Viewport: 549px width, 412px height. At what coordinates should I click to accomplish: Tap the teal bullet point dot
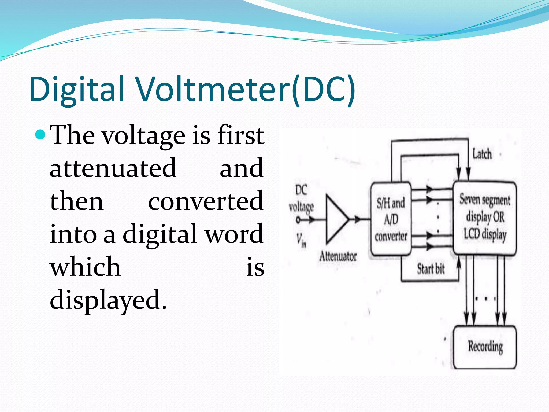(x=40, y=134)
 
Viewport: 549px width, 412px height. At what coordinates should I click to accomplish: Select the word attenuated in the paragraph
(x=113, y=168)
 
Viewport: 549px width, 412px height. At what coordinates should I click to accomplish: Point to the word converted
(x=206, y=201)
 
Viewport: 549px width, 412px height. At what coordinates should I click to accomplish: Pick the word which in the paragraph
(x=85, y=267)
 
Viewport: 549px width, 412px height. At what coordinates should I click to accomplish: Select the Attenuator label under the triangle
(x=338, y=256)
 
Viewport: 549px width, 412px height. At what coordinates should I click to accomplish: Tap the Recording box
(x=485, y=347)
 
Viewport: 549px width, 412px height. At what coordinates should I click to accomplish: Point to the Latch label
(x=482, y=154)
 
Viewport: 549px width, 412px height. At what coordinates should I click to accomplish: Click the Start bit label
(x=431, y=269)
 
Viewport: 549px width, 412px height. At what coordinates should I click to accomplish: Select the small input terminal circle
(x=298, y=220)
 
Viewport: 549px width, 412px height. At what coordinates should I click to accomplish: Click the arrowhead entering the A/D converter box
(x=358, y=219)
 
